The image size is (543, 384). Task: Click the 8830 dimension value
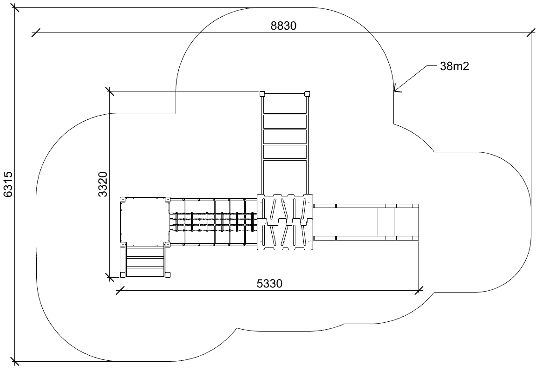pyautogui.click(x=283, y=26)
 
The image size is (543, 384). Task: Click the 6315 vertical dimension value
pyautogui.click(x=8, y=184)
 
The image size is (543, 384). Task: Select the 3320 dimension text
pyautogui.click(x=103, y=184)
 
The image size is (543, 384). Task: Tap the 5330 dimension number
pyautogui.click(x=269, y=284)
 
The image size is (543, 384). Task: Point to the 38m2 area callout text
pyautogui.click(x=454, y=66)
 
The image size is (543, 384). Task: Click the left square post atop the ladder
pyautogui.click(x=262, y=94)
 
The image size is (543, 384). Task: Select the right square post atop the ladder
pyautogui.click(x=307, y=94)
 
